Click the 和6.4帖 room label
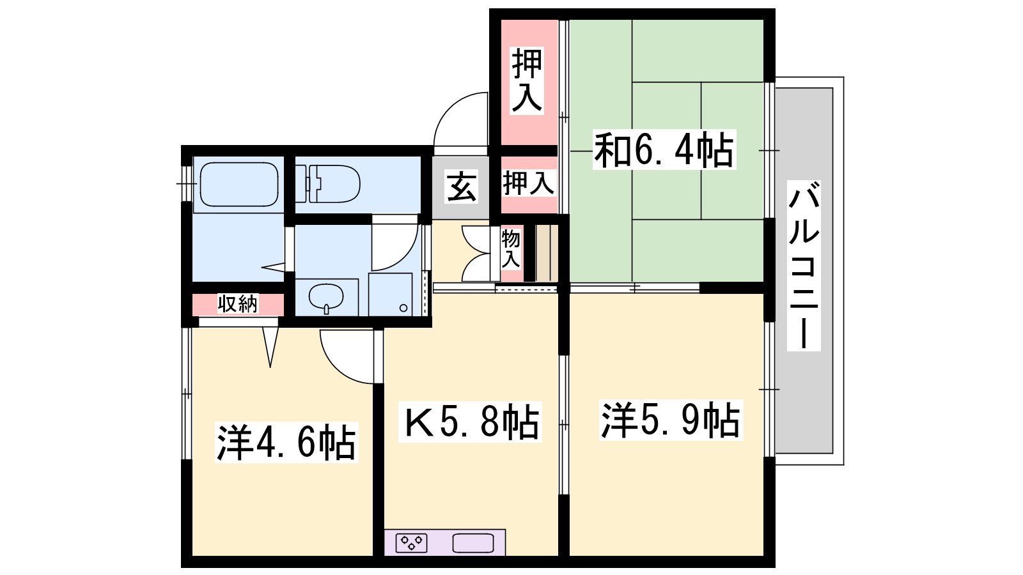coord(664,149)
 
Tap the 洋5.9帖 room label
coord(671,420)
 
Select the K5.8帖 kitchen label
coord(470,422)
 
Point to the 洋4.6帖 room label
coord(286,443)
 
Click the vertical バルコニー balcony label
coord(804,266)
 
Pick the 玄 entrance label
coord(461,187)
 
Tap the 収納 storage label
coord(237,304)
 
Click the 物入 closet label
coord(511,249)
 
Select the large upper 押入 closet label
coord(527,80)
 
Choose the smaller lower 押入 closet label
coord(528,183)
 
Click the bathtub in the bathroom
coord(239,185)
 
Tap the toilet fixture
coord(327,184)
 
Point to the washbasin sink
coord(326,298)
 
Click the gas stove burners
coord(411,543)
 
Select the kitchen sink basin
coord(473,544)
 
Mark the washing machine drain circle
coord(403,308)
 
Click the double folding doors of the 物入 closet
coord(477,253)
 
